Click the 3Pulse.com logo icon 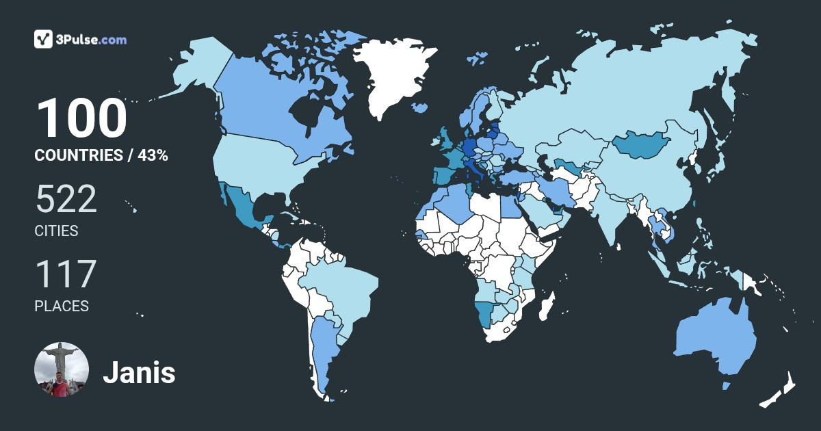point(44,39)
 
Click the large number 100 point(81,119)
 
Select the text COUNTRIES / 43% point(101,155)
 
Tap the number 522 point(66,199)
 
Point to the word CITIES point(56,231)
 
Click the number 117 point(65,274)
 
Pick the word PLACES point(62,306)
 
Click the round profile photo point(62,369)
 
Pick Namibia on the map point(485,315)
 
